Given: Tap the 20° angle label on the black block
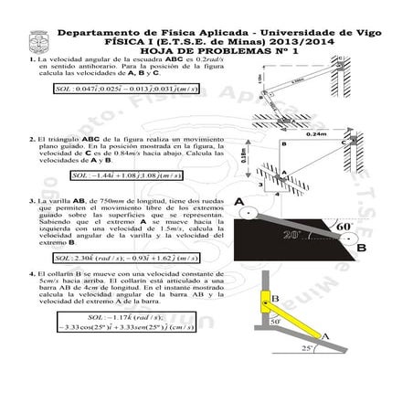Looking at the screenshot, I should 297,235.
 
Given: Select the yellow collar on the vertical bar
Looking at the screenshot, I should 271,298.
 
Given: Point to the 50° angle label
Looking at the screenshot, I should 275,321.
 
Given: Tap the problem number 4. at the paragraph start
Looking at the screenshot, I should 31,273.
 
